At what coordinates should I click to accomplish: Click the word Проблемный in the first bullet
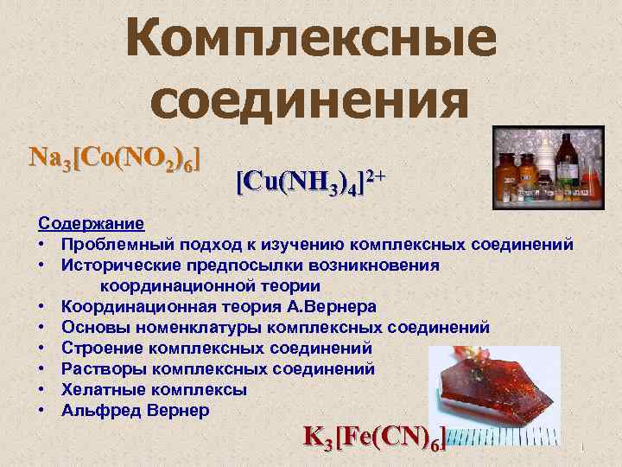tap(117, 245)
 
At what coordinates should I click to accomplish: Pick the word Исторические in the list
tap(122, 265)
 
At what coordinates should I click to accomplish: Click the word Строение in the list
tap(100, 349)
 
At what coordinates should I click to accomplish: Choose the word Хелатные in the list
tap(99, 390)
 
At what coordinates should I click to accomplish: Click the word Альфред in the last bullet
tap(98, 411)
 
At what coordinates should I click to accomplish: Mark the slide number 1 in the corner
tap(584, 448)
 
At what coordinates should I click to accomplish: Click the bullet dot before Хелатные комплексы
tap(41, 390)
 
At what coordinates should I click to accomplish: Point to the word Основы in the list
tap(92, 328)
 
